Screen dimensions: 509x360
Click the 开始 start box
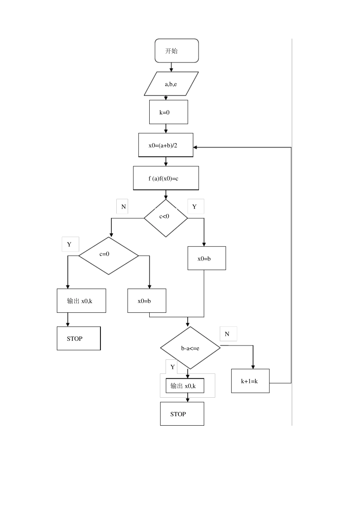(177, 51)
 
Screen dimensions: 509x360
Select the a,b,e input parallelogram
(171, 84)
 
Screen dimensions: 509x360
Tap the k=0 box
(168, 112)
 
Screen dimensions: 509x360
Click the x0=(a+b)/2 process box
(166, 145)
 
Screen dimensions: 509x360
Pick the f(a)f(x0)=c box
(166, 178)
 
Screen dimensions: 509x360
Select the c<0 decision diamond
(166, 218)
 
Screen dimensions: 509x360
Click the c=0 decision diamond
(109, 256)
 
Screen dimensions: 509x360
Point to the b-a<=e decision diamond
(190, 348)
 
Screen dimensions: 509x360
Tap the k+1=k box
(250, 381)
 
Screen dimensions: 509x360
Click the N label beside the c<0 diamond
(123, 207)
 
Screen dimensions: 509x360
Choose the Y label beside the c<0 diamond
(195, 207)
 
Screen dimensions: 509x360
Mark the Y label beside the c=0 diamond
(70, 244)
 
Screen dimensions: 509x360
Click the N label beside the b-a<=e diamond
(228, 334)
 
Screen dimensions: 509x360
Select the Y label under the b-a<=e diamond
(172, 367)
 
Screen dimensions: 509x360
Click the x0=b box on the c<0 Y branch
(207, 258)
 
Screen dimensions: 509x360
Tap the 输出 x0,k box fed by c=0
(81, 301)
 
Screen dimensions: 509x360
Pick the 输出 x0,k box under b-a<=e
(185, 386)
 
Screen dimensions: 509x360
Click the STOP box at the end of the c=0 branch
(78, 339)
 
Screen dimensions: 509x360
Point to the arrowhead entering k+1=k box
(253, 367)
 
